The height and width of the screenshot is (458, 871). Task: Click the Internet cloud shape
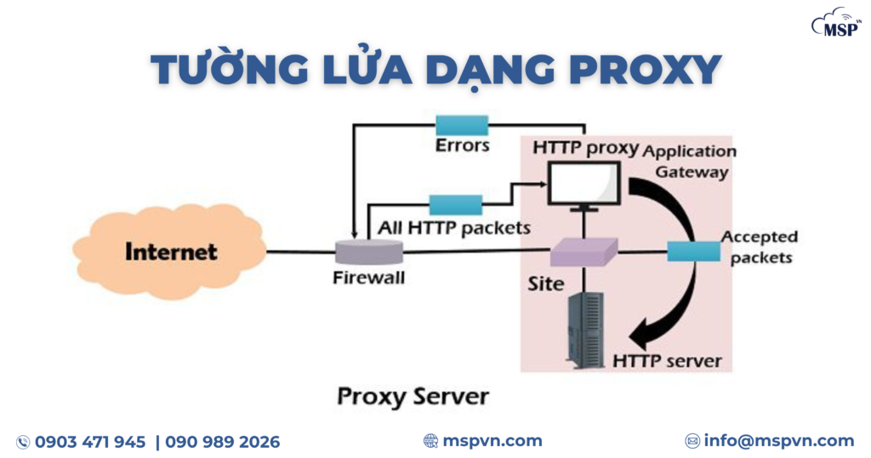click(x=170, y=252)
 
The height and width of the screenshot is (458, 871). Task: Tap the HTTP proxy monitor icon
click(x=584, y=185)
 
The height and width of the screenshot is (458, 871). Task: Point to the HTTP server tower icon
click(x=585, y=329)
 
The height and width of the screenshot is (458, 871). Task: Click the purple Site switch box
click(x=584, y=252)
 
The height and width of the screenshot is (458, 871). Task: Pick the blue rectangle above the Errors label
click(x=462, y=125)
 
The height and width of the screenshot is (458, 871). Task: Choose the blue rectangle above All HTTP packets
click(x=455, y=204)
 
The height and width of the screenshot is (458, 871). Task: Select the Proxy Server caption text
click(x=413, y=397)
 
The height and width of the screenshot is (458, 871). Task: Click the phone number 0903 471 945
click(x=90, y=442)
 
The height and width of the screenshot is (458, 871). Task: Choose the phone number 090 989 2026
click(x=222, y=442)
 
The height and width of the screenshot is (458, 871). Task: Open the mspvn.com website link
click(x=492, y=441)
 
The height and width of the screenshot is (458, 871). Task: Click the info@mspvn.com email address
click(x=779, y=441)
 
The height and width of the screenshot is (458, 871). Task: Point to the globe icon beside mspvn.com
click(x=431, y=441)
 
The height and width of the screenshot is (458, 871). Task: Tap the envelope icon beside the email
click(x=692, y=441)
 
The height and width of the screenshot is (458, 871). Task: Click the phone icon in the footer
click(x=23, y=442)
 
